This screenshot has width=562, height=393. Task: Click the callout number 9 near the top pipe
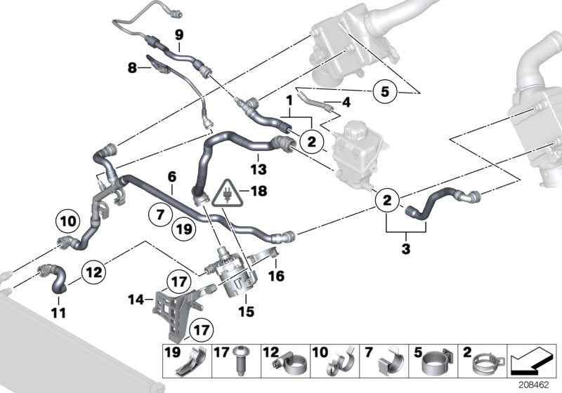(x=178, y=34)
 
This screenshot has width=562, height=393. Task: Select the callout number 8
(x=131, y=68)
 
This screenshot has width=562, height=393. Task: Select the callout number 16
(x=276, y=277)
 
